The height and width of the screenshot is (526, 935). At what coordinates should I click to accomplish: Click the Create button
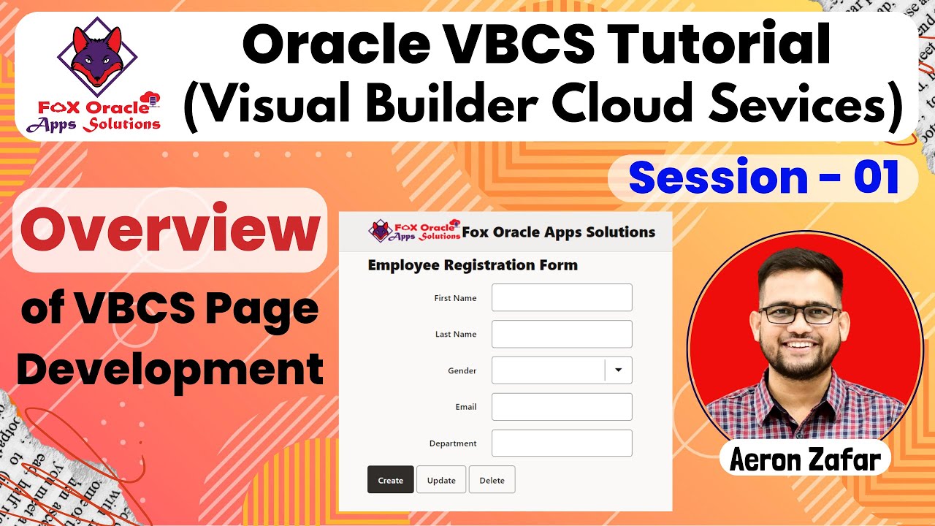(x=391, y=480)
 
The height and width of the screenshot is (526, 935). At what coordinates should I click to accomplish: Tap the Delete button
(x=492, y=480)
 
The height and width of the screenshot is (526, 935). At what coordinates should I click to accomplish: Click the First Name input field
(x=561, y=298)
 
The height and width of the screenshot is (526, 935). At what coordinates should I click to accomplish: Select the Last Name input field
(x=561, y=334)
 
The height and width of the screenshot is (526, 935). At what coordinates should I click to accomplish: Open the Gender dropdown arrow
(x=618, y=370)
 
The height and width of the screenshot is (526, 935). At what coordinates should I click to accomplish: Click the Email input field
(x=561, y=407)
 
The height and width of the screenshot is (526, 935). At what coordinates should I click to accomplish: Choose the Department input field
(x=561, y=443)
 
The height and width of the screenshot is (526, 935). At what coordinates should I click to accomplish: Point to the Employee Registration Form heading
(x=473, y=265)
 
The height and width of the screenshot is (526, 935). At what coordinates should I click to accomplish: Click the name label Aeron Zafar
(x=805, y=460)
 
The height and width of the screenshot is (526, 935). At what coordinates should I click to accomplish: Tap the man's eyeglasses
(x=800, y=314)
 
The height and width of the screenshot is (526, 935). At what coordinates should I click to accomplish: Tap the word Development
(x=169, y=369)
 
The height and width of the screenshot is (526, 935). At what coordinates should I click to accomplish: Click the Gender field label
(x=462, y=371)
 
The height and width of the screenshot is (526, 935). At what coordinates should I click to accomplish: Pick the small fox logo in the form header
(x=381, y=231)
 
